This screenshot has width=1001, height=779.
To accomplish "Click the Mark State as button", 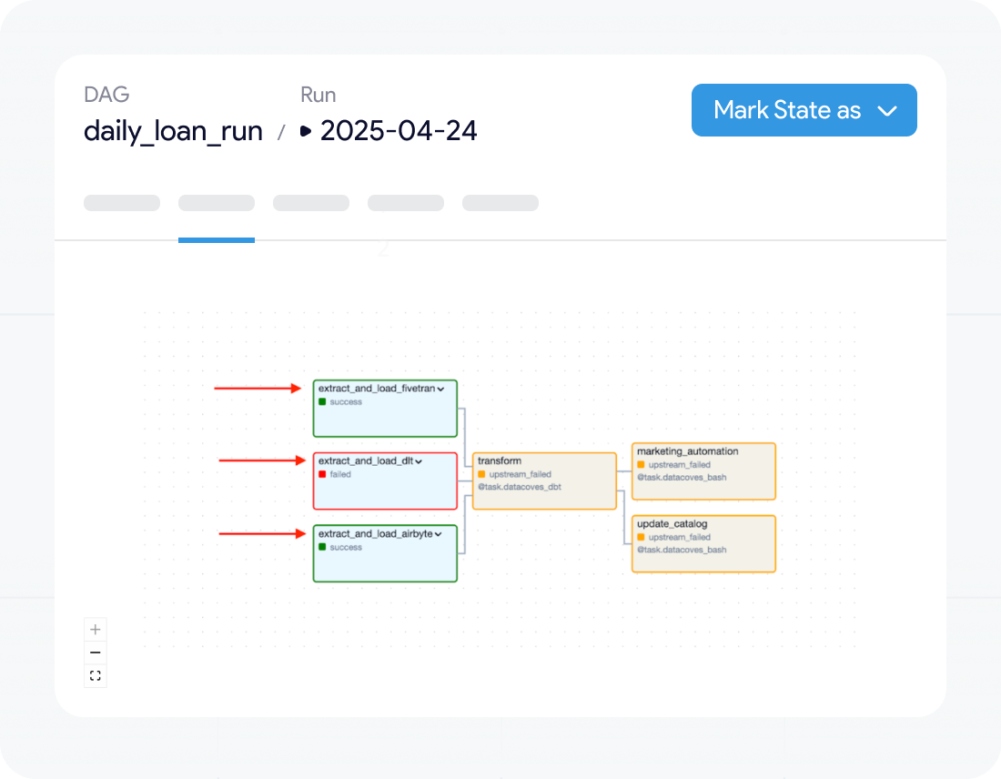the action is [x=804, y=110].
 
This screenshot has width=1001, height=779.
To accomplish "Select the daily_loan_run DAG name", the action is [x=173, y=131].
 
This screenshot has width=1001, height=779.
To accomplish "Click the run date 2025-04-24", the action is [x=399, y=131].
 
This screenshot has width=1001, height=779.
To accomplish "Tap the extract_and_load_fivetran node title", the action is [x=377, y=389].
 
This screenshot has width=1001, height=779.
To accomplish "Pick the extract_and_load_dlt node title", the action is [x=366, y=461].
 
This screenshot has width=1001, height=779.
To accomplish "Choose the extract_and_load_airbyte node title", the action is [x=375, y=534].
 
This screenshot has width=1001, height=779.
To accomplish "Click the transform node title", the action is [x=500, y=461].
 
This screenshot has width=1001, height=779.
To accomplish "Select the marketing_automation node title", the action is [x=688, y=451].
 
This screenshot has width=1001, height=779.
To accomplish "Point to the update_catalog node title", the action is [x=672, y=524].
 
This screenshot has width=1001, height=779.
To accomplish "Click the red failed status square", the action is [x=322, y=474].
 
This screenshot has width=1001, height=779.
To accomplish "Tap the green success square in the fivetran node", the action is [x=322, y=401].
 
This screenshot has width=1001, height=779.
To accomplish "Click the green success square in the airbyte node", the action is [x=322, y=547].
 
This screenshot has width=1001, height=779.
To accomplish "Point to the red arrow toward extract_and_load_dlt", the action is [x=262, y=460].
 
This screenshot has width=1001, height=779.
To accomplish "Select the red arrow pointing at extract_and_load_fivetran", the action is [x=258, y=389].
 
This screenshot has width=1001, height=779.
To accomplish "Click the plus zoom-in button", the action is [x=96, y=630].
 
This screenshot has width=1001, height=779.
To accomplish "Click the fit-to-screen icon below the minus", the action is [x=96, y=675].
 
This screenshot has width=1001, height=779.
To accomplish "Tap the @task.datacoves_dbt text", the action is [x=520, y=487].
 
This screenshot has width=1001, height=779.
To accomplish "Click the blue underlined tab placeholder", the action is [x=217, y=203].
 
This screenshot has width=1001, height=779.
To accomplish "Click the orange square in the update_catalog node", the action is [x=641, y=538].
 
